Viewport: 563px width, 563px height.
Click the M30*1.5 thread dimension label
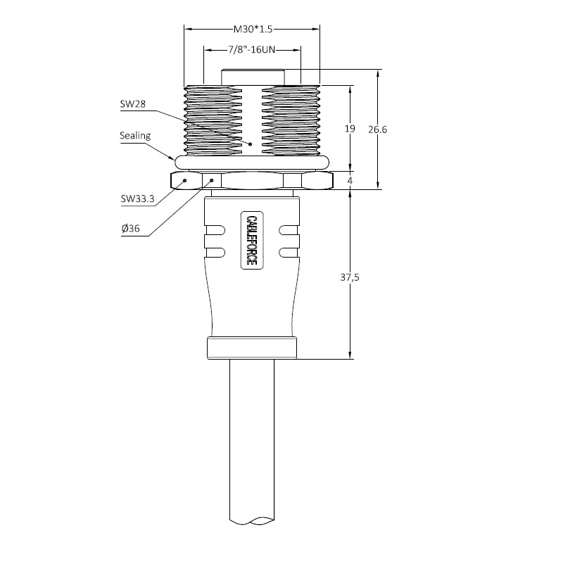pos(253,29)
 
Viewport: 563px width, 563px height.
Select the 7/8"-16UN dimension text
pos(251,49)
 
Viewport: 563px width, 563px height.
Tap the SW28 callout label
pos(133,104)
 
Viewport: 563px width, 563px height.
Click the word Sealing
pos(135,136)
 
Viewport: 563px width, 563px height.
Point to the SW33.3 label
pos(137,198)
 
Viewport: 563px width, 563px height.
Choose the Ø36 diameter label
pos(131,228)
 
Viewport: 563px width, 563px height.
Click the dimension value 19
pos(350,129)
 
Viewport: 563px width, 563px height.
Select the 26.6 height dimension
pos(378,129)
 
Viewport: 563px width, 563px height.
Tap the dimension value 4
pos(350,181)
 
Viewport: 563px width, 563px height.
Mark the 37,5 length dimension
pos(350,277)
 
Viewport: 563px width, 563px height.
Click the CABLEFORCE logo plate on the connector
pos(251,240)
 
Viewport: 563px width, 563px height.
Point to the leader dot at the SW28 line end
pos(251,144)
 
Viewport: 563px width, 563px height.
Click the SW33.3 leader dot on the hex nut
pos(185,180)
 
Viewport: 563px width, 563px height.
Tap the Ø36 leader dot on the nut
pos(212,180)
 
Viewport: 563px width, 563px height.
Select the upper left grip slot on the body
pos(215,230)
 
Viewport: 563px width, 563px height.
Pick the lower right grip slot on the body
pos(289,253)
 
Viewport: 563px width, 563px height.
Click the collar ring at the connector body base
pos(252,348)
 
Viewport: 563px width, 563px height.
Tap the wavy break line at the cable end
pos(252,520)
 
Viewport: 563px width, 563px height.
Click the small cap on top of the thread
pos(253,77)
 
